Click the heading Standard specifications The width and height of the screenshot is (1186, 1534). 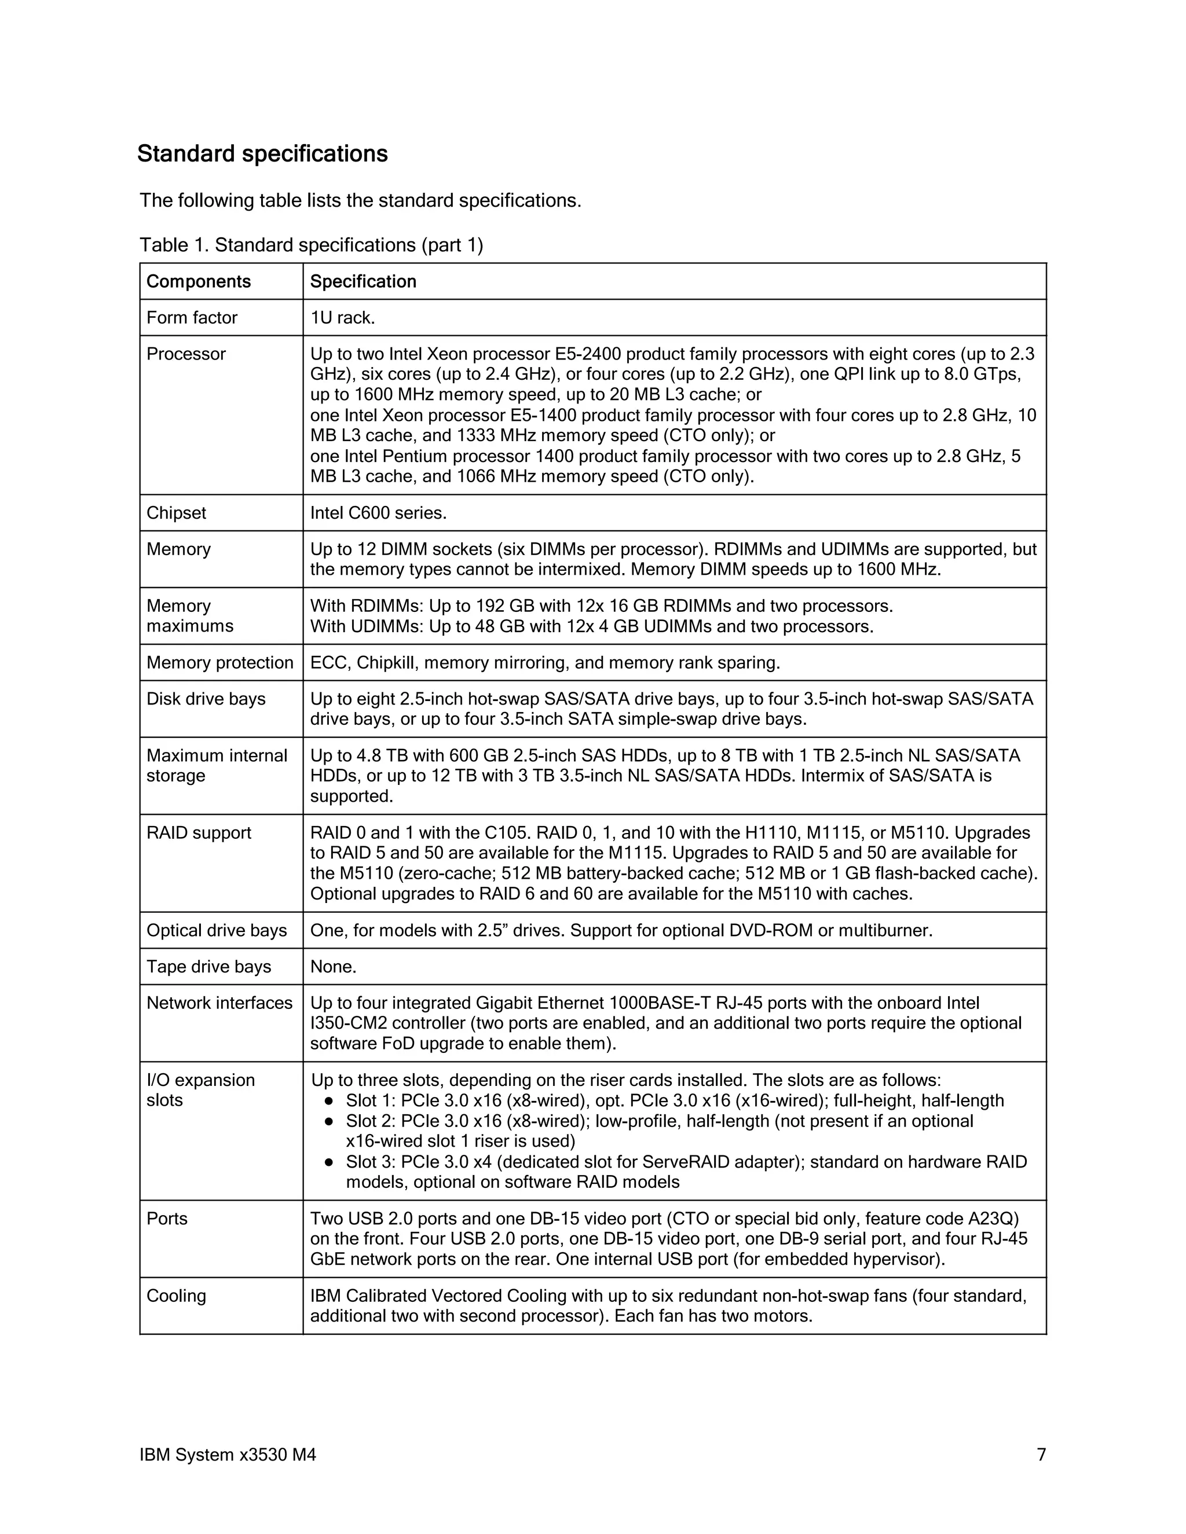262,154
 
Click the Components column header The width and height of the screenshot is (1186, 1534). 198,282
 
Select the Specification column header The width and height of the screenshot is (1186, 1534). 363,282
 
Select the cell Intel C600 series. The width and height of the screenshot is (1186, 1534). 378,513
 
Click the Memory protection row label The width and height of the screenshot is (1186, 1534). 219,662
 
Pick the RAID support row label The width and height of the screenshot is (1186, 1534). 198,832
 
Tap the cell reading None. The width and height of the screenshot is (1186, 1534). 333,967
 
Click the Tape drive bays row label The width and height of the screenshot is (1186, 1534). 208,967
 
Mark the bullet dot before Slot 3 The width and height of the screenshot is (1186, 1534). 328,1162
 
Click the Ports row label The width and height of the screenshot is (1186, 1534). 167,1218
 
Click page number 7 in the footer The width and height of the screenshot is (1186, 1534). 1041,1454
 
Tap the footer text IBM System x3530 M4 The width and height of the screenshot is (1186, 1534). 227,1454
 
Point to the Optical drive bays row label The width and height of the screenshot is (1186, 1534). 217,930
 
